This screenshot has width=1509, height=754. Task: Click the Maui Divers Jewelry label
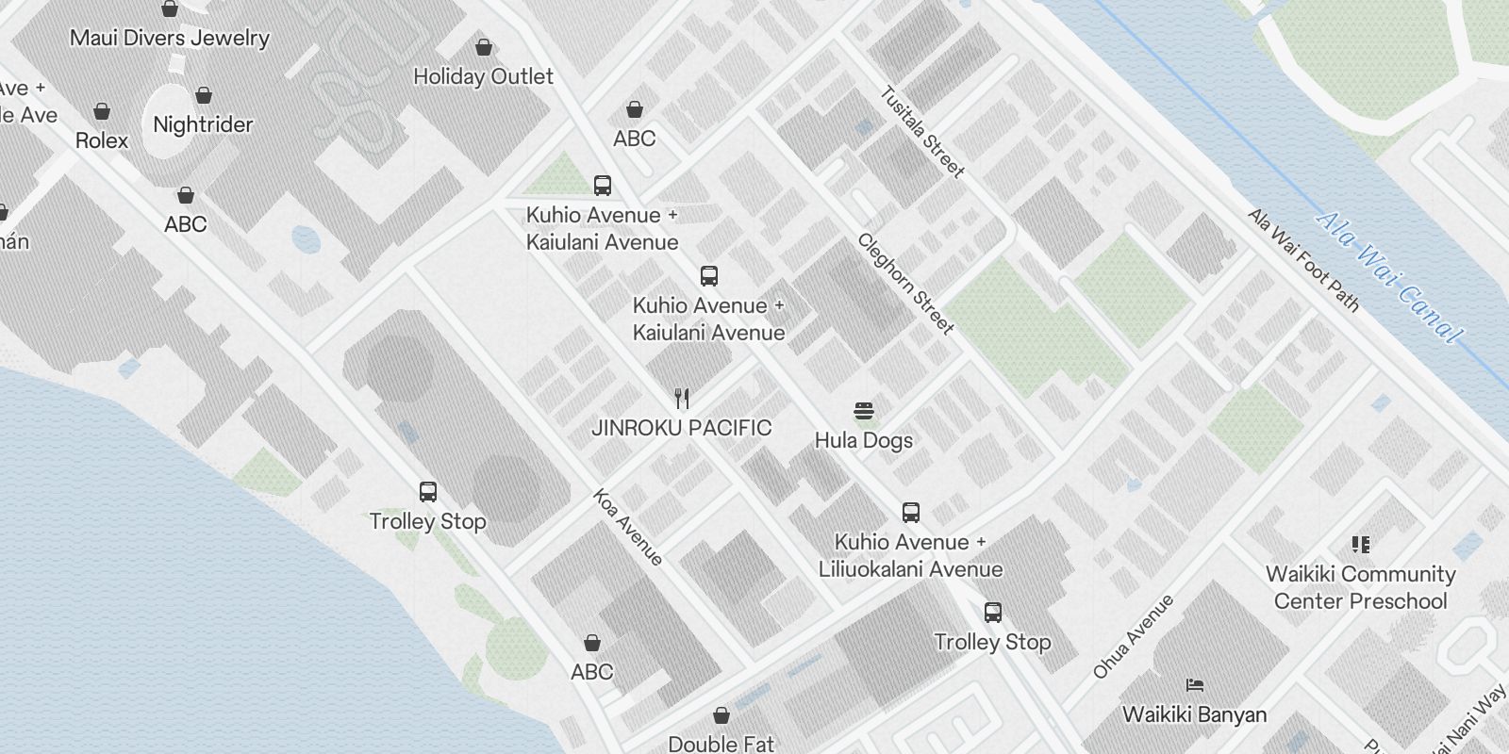[x=170, y=38]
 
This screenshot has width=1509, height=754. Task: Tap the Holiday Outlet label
[x=483, y=76]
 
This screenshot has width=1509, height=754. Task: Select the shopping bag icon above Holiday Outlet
[x=484, y=46]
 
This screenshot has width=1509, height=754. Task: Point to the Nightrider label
[x=203, y=124]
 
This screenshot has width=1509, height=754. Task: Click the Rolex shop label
[x=102, y=140]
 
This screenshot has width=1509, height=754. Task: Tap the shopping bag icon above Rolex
[x=102, y=111]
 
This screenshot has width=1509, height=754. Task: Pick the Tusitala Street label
[x=922, y=132]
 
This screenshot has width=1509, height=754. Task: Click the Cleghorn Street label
[x=905, y=283]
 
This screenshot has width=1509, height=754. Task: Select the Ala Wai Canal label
[x=1388, y=277]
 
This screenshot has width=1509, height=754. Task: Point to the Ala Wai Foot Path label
[x=1304, y=260]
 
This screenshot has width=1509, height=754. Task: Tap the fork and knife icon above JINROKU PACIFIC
[x=682, y=399]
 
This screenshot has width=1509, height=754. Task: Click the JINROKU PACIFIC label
[x=681, y=428]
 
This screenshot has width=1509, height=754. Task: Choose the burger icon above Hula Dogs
[x=864, y=411]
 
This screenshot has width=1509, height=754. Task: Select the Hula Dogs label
[x=864, y=440]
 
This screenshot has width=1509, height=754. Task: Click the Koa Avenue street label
[x=627, y=527]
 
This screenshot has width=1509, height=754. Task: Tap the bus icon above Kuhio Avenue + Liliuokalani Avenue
[x=910, y=513]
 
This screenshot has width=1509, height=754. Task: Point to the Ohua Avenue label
[x=1133, y=636]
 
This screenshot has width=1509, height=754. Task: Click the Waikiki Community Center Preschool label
[x=1360, y=587]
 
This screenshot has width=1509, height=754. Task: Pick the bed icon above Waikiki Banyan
[x=1194, y=685]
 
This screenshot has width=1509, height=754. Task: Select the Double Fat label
[x=721, y=744]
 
